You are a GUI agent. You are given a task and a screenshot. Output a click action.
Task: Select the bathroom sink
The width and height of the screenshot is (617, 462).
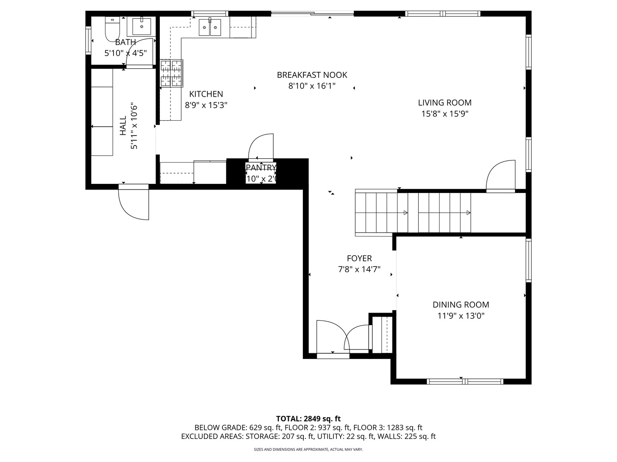click(141, 27)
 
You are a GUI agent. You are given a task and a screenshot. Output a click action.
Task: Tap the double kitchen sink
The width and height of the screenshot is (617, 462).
click(210, 28)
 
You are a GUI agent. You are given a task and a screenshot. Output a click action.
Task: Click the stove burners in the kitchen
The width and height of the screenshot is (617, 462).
click(171, 73)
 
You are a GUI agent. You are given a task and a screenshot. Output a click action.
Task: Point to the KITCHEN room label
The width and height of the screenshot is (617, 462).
click(206, 94)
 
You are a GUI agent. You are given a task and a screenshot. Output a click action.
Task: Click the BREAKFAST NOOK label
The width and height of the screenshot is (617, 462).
click(312, 75)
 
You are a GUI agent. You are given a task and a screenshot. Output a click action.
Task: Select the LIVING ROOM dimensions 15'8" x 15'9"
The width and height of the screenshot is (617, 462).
click(445, 114)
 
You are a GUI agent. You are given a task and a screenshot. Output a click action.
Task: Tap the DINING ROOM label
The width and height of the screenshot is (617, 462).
click(461, 305)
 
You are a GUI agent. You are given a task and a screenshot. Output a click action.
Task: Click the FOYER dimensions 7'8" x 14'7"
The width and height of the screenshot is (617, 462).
click(359, 269)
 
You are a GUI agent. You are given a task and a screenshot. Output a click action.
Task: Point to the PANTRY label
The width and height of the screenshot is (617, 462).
click(261, 167)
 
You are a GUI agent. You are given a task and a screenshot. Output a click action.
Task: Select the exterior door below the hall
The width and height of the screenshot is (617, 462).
click(134, 203)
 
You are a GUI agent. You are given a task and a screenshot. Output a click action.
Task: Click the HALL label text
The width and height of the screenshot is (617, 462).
click(123, 126)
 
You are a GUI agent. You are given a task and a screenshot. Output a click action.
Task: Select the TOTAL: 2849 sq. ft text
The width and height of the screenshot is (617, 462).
click(308, 418)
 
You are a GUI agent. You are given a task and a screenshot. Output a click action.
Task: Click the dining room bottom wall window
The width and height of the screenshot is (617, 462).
click(465, 381)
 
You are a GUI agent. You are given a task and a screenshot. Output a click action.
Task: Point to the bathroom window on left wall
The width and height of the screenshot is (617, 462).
click(89, 40)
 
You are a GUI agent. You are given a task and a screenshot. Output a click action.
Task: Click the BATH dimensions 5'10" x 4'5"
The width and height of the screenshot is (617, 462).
click(126, 53)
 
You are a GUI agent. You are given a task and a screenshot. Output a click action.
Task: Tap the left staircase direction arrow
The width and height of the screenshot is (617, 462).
click(405, 213)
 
